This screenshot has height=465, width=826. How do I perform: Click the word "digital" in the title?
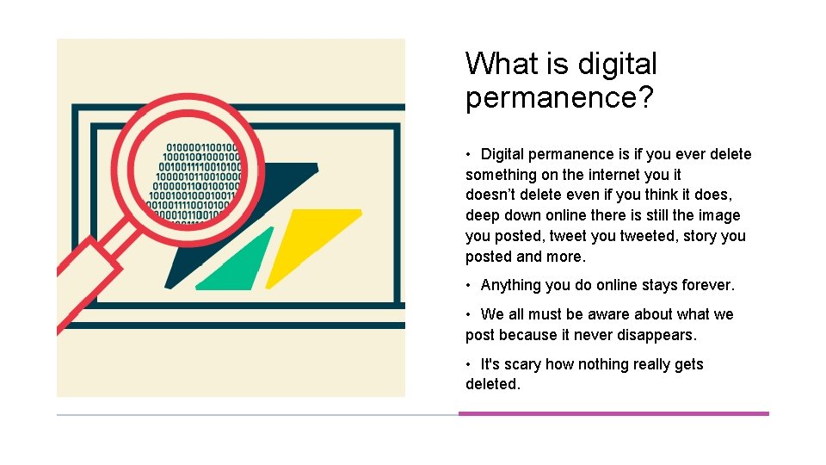[617, 64]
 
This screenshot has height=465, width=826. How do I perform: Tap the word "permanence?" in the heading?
[559, 97]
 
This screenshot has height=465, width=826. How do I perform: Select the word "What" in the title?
[496, 64]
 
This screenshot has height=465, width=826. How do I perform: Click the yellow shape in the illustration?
[310, 245]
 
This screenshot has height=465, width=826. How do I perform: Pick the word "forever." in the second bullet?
[706, 285]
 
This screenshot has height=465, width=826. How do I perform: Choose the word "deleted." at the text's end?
[493, 384]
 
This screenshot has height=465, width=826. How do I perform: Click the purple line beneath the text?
[613, 413]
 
